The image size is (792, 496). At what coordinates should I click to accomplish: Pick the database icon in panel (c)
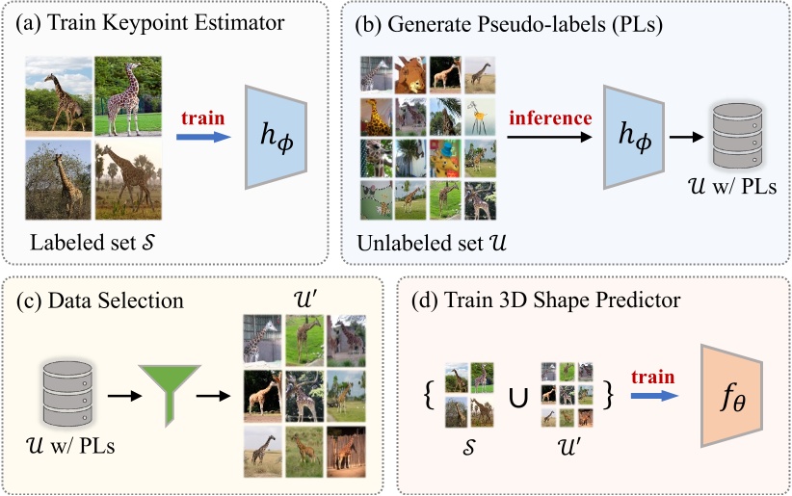[66, 394]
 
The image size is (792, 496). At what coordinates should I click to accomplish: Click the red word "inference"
[549, 118]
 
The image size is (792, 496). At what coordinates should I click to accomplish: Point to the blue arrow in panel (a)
[204, 138]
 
